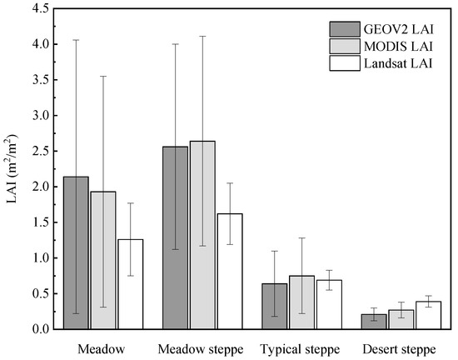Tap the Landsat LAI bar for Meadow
130,284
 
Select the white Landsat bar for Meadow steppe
230,271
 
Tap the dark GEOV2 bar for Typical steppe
275,307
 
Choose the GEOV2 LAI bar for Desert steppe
374,322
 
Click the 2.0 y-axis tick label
27,187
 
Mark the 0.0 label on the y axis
27,329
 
